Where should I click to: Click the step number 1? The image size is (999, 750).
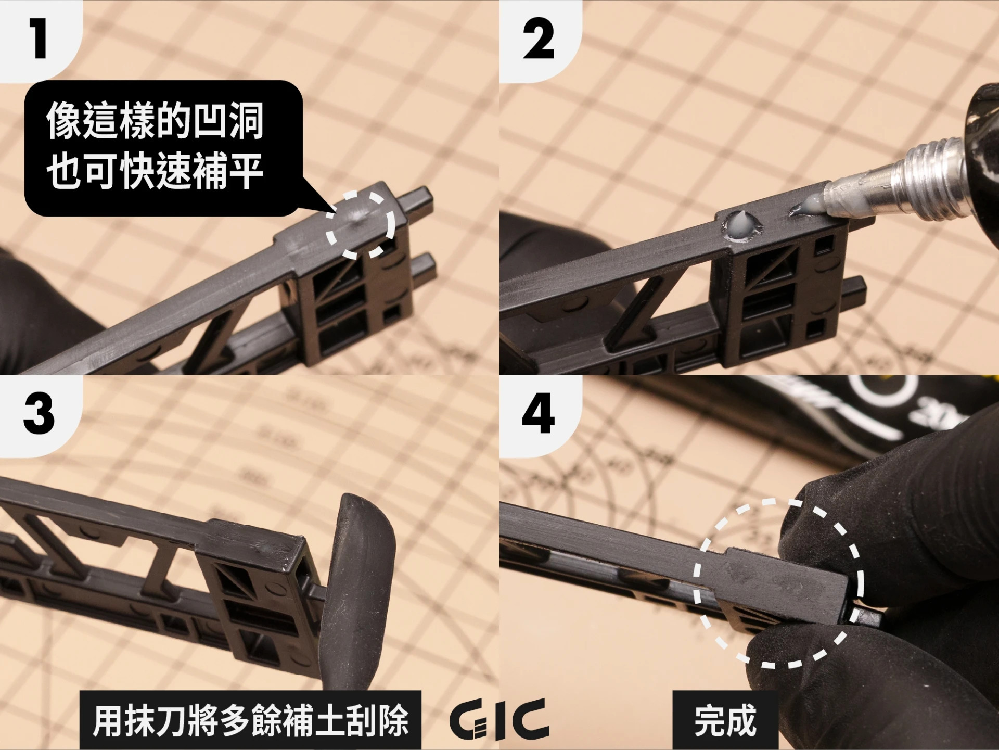[39, 40]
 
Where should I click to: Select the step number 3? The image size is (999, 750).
[40, 414]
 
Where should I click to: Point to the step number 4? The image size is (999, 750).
[538, 414]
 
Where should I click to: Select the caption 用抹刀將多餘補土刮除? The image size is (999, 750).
[250, 720]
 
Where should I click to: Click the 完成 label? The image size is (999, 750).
[725, 720]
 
